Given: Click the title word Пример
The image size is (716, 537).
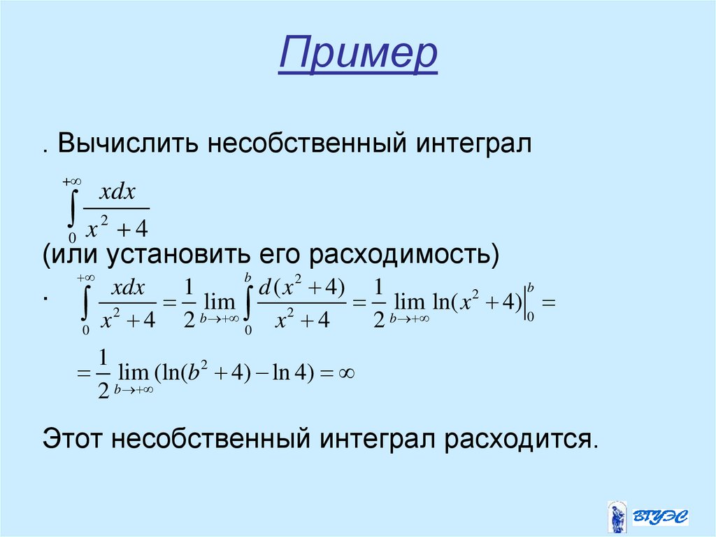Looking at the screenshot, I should click(357, 56).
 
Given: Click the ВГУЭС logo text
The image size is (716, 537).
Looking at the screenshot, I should click(660, 516).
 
